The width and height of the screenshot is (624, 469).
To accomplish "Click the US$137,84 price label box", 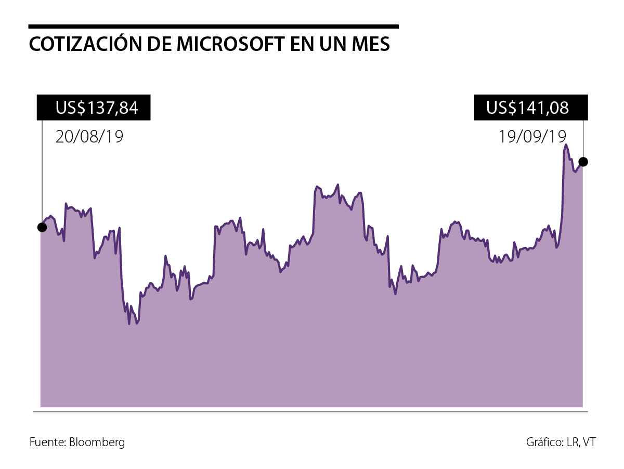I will coord(94,108).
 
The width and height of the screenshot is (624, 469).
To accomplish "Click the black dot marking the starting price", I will coord(42,227).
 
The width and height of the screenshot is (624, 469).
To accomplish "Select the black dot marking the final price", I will coord(583,162).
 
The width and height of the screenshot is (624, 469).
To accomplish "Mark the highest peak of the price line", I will coord(566,145).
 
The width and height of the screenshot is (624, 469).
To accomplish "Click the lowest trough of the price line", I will coord(129,324).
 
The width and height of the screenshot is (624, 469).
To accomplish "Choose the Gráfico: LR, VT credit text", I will coord(561,442).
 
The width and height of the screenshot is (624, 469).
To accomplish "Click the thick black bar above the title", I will coord(213,26).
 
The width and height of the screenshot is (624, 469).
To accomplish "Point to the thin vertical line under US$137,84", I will coord(42,172).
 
